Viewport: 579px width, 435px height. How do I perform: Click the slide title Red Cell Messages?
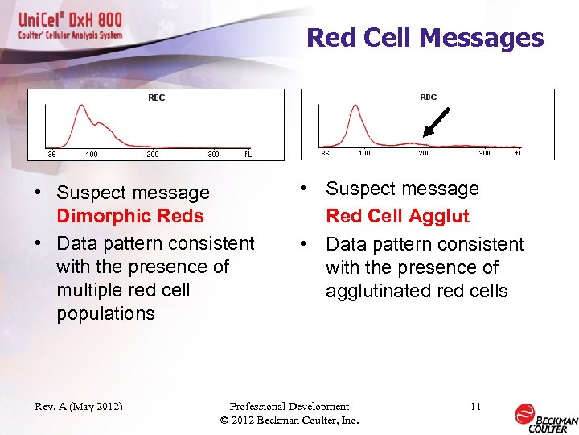click(x=425, y=38)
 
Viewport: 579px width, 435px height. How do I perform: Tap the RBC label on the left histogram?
click(x=156, y=97)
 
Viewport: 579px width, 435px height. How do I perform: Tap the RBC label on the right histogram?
click(x=428, y=97)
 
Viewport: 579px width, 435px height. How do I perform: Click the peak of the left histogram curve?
click(x=80, y=107)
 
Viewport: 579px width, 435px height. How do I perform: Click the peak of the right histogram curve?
click(x=353, y=116)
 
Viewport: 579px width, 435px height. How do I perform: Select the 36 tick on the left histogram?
click(x=51, y=154)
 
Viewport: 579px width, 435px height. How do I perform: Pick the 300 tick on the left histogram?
click(x=213, y=154)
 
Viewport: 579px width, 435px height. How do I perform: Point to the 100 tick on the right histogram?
click(x=363, y=153)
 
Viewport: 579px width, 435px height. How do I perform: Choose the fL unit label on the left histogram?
click(x=248, y=154)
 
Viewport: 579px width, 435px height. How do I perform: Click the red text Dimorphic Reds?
click(x=130, y=216)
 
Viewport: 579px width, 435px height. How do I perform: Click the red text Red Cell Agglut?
click(x=397, y=216)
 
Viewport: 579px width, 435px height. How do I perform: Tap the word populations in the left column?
click(x=105, y=313)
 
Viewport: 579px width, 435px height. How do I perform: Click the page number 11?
click(x=475, y=406)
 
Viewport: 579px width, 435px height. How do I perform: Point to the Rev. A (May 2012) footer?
click(x=79, y=406)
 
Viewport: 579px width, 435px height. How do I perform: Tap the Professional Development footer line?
click(x=289, y=406)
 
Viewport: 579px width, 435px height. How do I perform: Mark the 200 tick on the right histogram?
click(x=424, y=153)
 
